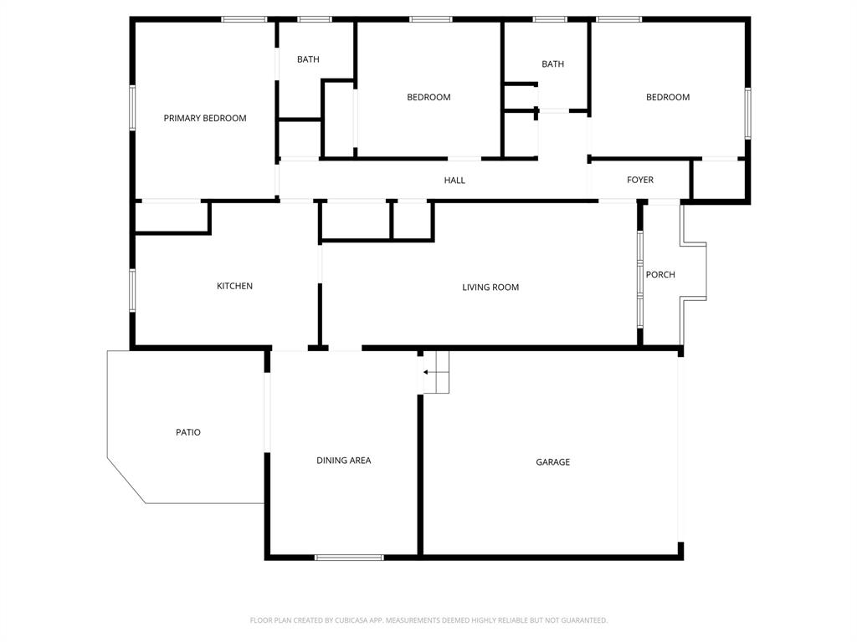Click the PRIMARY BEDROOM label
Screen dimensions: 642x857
pos(205,118)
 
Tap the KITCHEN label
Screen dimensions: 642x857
pos(234,286)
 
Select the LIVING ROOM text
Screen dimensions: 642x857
pos(490,287)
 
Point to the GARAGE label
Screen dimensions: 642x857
pos(552,461)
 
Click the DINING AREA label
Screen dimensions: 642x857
pos(343,460)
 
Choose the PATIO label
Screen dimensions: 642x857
pos(188,432)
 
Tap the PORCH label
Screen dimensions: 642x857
pos(660,274)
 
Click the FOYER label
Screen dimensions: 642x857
pos(640,180)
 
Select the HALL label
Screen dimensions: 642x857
pos(454,180)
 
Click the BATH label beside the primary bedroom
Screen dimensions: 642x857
pos(308,59)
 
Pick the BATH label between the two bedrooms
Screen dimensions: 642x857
pos(552,64)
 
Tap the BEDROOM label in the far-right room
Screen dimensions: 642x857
pos(668,97)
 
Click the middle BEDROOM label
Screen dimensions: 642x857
pos(428,97)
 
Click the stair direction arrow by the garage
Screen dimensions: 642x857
pos(429,372)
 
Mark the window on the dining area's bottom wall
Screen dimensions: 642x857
pos(349,557)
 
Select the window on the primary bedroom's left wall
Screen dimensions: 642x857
pos(131,108)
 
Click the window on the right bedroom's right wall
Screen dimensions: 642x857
pos(747,112)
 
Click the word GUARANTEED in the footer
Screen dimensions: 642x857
pos(578,620)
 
